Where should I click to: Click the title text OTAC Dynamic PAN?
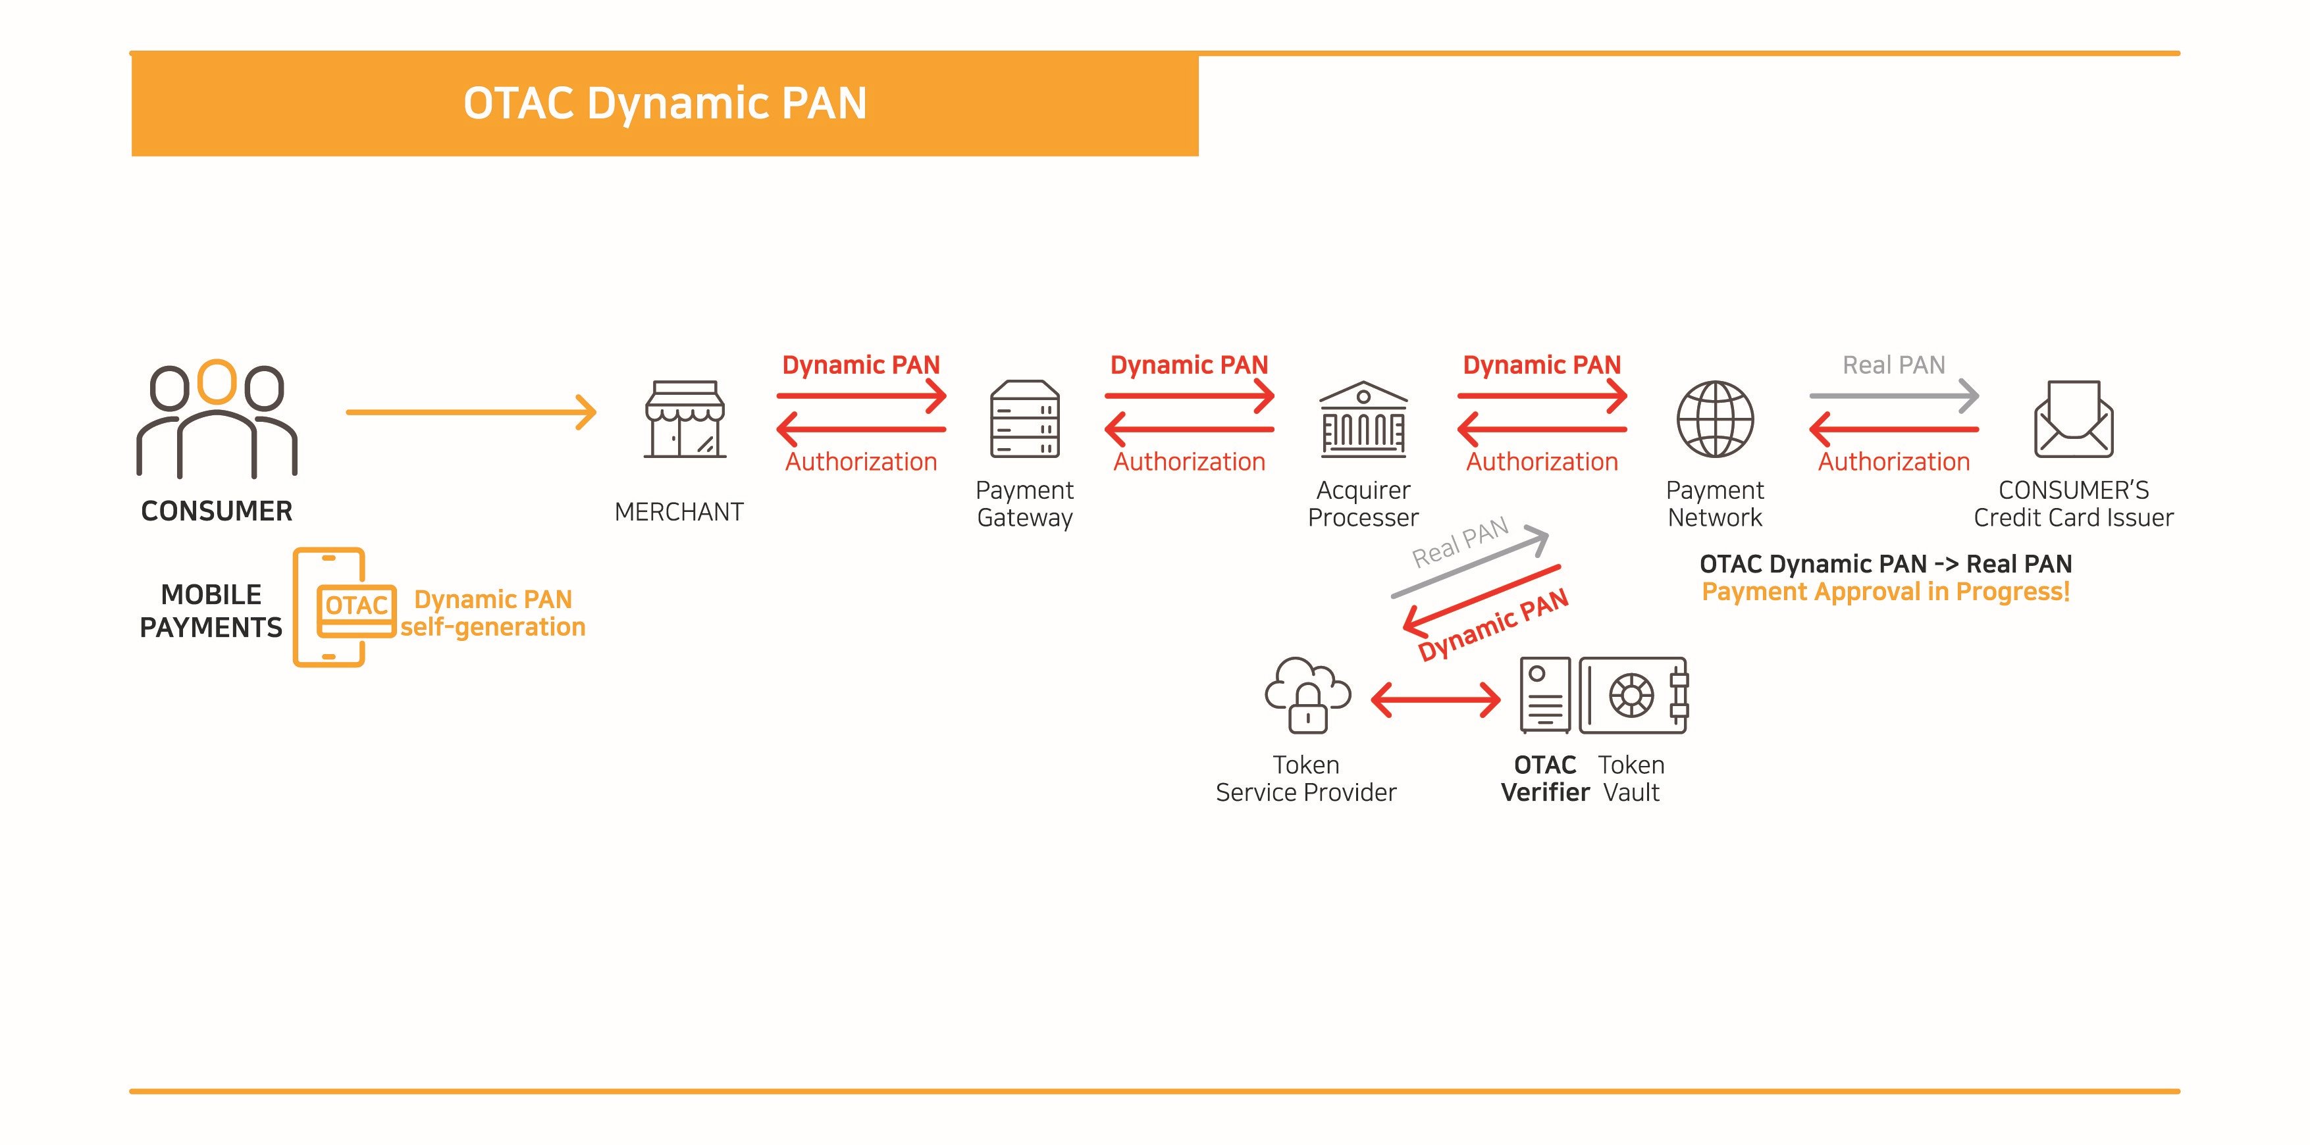click(x=664, y=103)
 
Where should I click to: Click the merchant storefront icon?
click(x=684, y=420)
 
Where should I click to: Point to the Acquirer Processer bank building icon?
click(x=1363, y=420)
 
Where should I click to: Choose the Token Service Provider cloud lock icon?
click(x=1307, y=695)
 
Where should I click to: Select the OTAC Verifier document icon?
click(x=1545, y=695)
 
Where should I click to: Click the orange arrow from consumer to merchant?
click(x=471, y=413)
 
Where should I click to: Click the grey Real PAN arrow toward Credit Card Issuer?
click(x=1894, y=395)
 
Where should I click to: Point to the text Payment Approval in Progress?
click(x=1886, y=592)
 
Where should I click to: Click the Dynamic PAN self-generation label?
click(x=492, y=613)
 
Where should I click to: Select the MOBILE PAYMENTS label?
click(x=211, y=611)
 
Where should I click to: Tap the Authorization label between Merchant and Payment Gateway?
click(x=861, y=462)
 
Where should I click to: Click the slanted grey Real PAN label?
click(x=1460, y=542)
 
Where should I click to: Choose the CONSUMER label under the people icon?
click(x=217, y=511)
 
